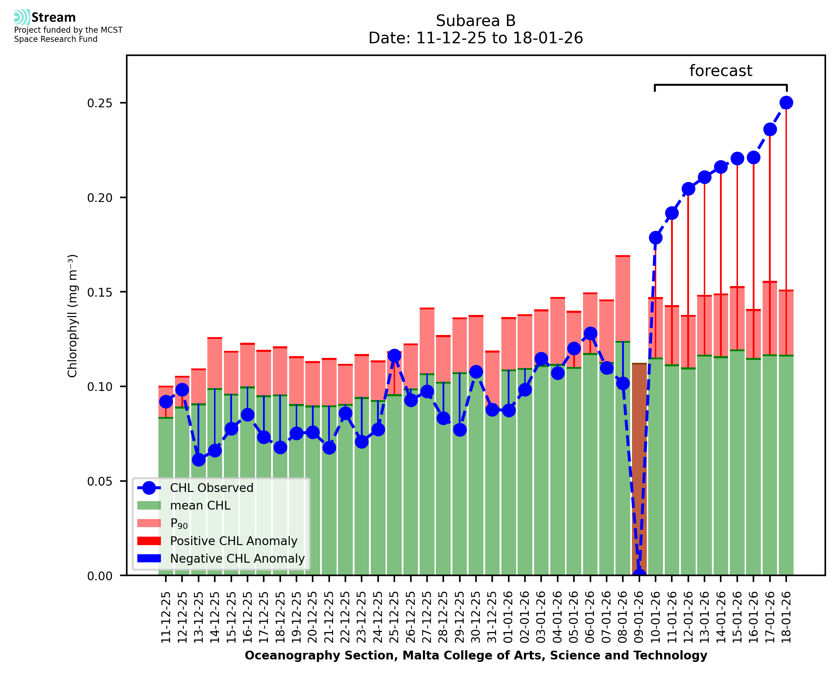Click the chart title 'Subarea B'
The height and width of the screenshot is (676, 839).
click(x=475, y=21)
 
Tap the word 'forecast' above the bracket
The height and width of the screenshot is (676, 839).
click(x=720, y=71)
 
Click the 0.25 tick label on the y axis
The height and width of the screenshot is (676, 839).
click(x=100, y=103)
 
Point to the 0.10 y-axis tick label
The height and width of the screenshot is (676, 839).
click(x=100, y=387)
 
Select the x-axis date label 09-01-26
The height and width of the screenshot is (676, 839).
click(x=639, y=617)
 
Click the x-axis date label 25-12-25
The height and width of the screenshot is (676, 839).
click(x=394, y=617)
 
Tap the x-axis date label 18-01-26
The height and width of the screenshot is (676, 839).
click(x=786, y=617)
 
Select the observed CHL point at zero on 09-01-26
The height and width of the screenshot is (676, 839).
click(x=639, y=574)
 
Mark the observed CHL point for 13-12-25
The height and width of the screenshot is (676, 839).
click(x=199, y=460)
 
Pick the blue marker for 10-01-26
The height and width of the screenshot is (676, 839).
click(x=656, y=238)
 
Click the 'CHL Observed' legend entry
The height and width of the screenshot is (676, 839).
click(x=212, y=488)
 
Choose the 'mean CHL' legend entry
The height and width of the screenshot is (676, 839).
click(x=200, y=505)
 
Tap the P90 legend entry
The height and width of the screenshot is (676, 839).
click(x=179, y=523)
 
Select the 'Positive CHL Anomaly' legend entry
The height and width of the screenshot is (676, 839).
click(x=233, y=541)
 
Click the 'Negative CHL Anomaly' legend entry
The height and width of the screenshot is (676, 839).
click(x=237, y=558)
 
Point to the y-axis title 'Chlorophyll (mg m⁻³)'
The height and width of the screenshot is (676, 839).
click(x=73, y=316)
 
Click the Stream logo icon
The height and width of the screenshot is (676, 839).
click(x=22, y=17)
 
